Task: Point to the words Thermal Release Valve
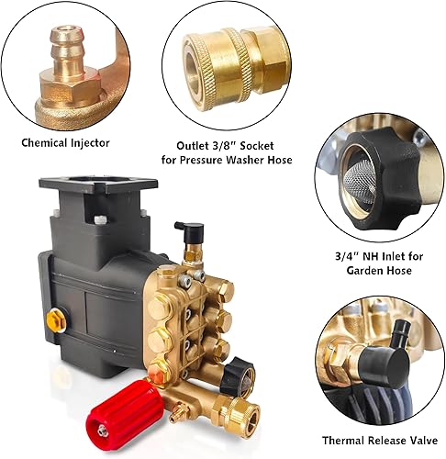coord(378,441)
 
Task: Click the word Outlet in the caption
coord(195,143)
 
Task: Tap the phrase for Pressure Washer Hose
coord(232,160)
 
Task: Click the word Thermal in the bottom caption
coord(344,441)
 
